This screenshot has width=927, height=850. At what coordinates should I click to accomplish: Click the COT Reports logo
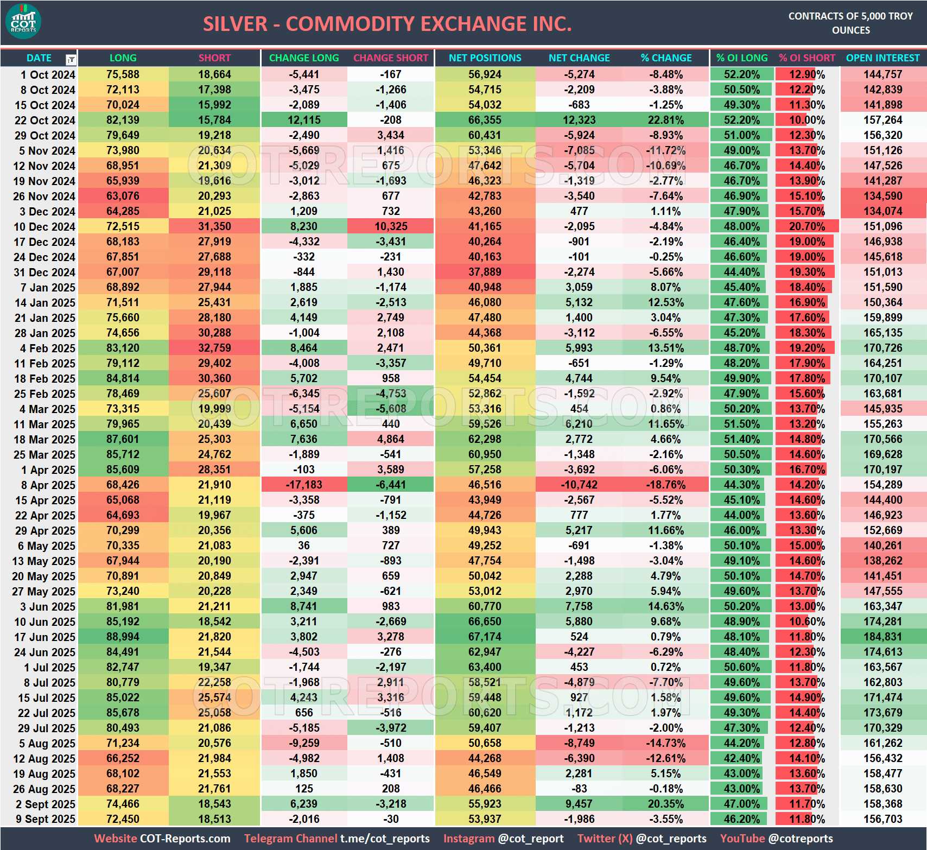23,22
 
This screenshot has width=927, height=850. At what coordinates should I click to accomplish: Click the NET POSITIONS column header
485,58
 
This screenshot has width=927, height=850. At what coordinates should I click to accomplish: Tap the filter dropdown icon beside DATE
71,59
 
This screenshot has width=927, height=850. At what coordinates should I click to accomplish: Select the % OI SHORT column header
807,58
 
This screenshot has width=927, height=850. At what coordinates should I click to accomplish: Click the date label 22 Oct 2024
45,120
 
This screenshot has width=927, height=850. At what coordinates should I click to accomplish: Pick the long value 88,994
123,637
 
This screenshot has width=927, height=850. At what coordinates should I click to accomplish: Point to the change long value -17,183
304,485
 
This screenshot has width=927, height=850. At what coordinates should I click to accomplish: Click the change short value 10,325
391,226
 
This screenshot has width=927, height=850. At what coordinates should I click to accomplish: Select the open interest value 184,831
882,637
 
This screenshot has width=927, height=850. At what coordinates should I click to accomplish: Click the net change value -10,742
579,485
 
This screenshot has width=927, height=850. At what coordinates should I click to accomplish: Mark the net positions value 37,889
485,272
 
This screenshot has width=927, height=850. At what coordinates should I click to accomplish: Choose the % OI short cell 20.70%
807,226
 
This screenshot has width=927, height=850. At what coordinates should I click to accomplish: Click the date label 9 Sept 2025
45,819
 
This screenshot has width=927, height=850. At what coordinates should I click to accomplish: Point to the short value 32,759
214,348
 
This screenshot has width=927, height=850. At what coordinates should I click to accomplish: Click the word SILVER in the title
235,24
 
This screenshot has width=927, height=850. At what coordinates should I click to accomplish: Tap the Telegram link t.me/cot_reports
385,839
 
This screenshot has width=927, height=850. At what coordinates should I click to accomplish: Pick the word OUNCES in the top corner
850,30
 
